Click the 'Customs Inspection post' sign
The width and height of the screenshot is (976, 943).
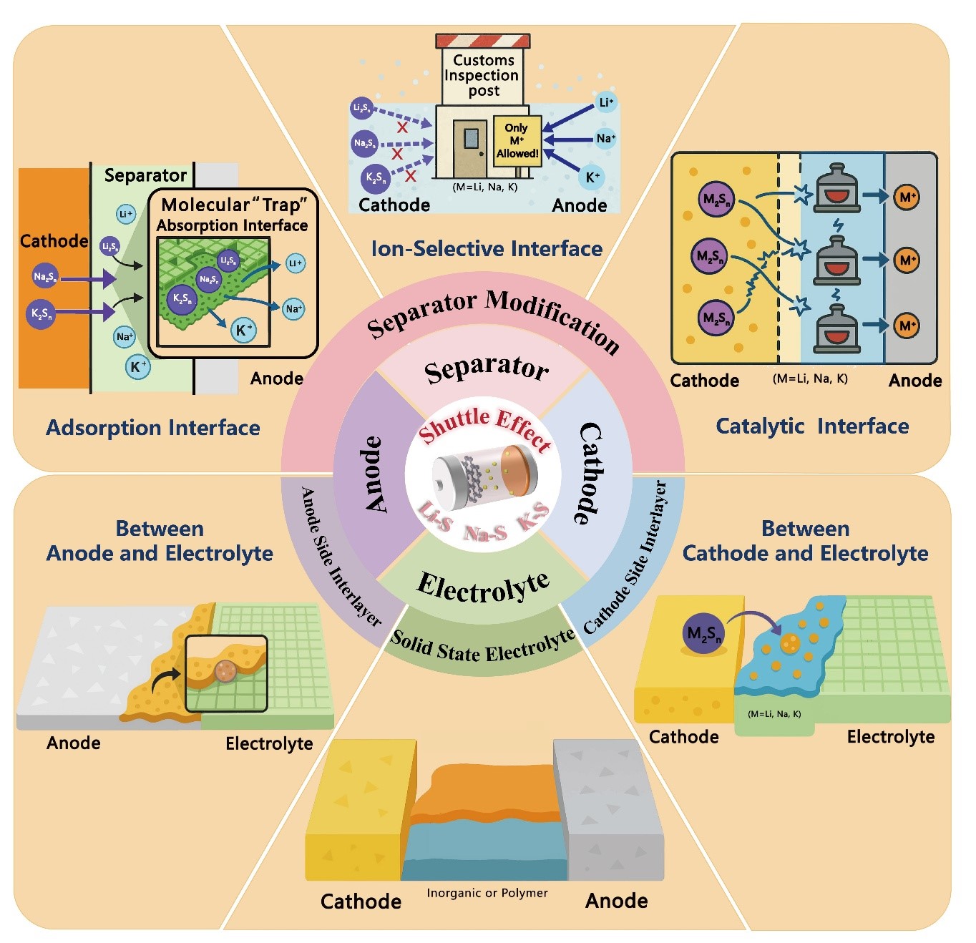(x=482, y=75)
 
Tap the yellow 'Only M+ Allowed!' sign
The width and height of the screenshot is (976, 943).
(x=517, y=140)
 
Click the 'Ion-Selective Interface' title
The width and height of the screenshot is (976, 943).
(x=487, y=249)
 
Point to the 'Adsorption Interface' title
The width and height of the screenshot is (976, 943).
(x=153, y=428)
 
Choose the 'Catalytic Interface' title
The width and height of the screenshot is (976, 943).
(x=812, y=426)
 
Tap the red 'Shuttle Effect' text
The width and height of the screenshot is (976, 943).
(x=485, y=426)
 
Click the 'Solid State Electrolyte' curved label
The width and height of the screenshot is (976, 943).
(x=483, y=648)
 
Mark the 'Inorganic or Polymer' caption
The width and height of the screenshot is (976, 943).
(x=487, y=893)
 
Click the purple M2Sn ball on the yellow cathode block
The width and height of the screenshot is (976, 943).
(x=704, y=632)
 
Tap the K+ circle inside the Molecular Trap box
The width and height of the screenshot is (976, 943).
(x=243, y=330)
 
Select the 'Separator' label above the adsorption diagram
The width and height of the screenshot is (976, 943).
(x=145, y=175)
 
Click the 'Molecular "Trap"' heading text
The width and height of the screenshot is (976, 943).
(x=233, y=205)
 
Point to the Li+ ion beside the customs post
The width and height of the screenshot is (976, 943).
(x=605, y=102)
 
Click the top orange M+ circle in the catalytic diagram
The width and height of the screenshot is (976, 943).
(x=907, y=197)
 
